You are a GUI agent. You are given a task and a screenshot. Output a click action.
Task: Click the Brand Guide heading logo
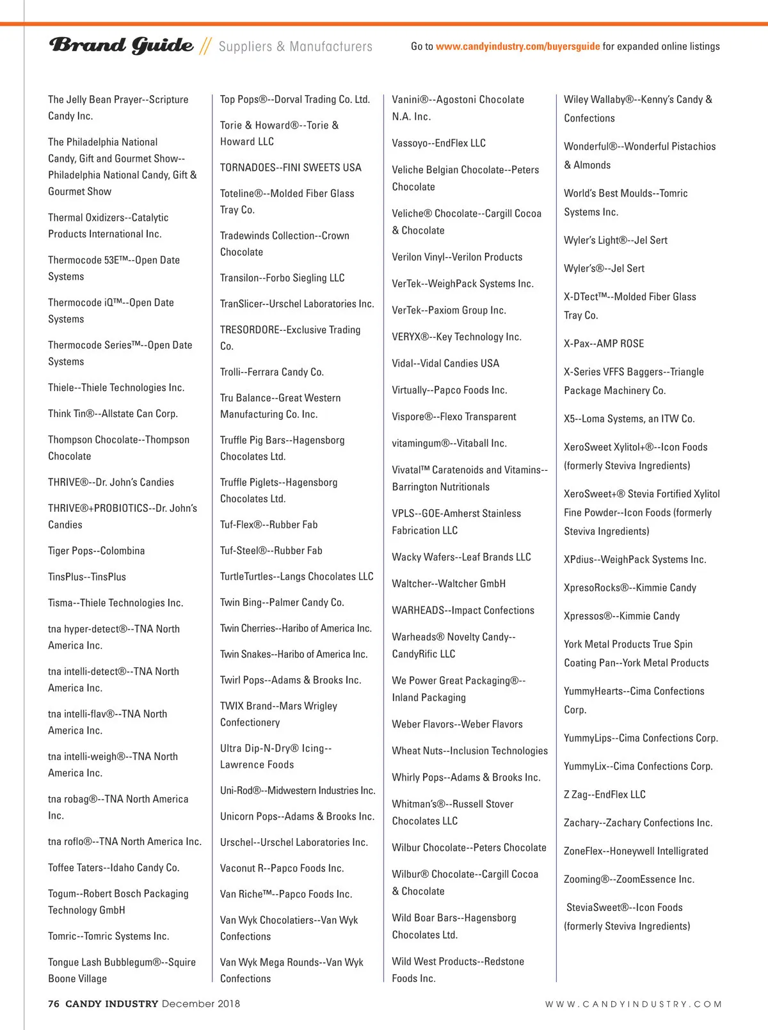coord(121,45)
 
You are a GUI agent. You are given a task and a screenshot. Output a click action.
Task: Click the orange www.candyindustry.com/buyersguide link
coord(518,46)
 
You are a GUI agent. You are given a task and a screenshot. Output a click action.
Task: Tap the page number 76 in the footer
coord(54,1004)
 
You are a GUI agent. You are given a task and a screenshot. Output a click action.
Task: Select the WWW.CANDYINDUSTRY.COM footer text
coord(633,1004)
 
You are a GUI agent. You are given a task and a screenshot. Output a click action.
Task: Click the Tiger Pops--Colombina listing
coord(96,551)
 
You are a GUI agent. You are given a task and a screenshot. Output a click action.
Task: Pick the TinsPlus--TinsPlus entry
coord(87,577)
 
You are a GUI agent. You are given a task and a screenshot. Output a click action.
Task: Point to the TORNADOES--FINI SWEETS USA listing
coord(291,168)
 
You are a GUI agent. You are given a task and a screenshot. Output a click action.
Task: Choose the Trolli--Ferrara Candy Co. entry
coord(272,372)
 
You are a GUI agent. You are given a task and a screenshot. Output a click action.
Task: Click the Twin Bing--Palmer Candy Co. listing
coord(282,603)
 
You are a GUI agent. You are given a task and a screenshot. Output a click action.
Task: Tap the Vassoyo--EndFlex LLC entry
coord(439,143)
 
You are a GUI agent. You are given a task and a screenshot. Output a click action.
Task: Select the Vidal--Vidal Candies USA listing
coord(445,363)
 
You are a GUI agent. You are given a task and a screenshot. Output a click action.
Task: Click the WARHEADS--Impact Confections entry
coord(463,610)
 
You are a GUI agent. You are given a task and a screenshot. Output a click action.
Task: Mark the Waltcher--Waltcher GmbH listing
coord(449,583)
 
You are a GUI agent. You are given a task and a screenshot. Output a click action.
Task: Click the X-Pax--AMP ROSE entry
coord(604,344)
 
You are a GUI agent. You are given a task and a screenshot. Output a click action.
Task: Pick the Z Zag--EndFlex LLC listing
coord(605,795)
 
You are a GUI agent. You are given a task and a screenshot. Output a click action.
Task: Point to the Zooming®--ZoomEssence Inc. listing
coord(629,880)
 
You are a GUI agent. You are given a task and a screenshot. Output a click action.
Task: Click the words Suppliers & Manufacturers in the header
coord(295,47)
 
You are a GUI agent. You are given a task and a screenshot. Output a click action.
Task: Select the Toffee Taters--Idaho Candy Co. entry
coord(114,868)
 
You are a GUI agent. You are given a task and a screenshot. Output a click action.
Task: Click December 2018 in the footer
coord(201,1004)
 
